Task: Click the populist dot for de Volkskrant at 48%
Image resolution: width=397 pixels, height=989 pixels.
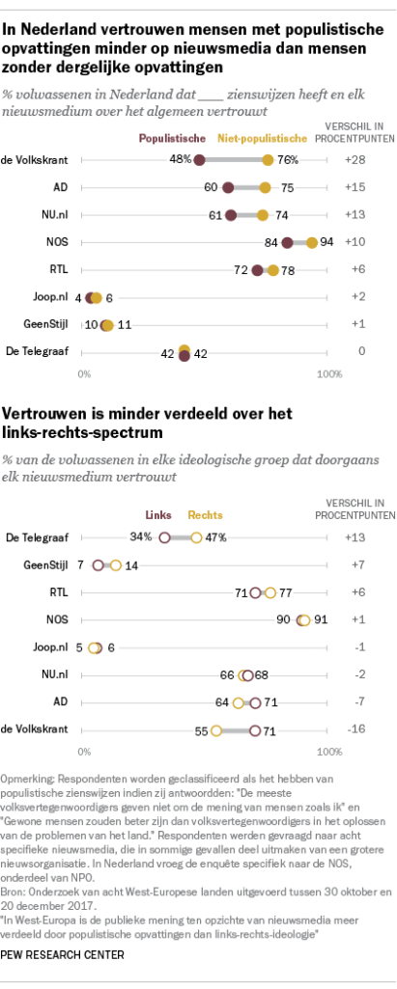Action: (x=200, y=158)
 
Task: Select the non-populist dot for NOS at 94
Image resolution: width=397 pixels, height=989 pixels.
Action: (x=312, y=242)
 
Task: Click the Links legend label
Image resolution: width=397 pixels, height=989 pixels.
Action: (x=159, y=516)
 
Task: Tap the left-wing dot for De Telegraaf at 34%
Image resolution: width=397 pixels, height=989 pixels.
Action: (x=165, y=536)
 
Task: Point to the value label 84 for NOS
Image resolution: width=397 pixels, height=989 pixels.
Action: (x=269, y=242)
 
